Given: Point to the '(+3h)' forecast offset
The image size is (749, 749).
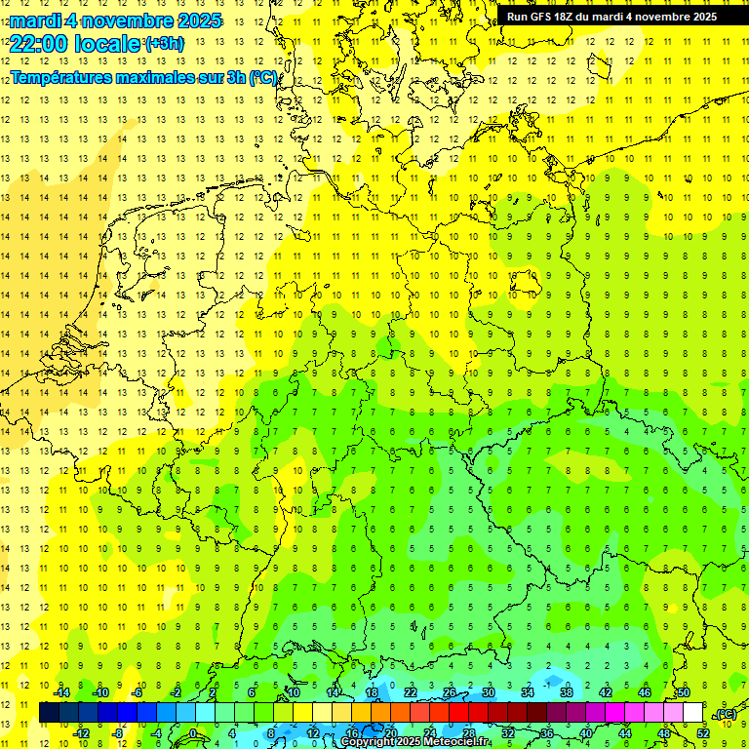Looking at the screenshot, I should (163, 44).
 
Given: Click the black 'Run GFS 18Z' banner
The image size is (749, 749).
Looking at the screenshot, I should (611, 16).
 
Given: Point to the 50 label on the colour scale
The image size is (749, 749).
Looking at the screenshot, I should (684, 692).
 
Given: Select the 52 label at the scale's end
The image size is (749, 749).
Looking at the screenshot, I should (703, 733).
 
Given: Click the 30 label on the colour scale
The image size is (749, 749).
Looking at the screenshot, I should (489, 692).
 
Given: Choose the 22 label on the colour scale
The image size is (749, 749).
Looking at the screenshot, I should (411, 692).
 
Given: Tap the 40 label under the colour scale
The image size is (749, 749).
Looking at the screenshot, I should (586, 733).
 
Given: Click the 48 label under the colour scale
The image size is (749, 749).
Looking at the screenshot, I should (664, 733).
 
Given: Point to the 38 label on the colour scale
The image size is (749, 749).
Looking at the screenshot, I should (567, 692).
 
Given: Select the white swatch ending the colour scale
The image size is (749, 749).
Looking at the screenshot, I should (693, 713).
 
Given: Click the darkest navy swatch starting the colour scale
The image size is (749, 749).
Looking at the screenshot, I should (49, 713).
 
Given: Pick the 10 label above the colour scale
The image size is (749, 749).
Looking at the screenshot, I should (294, 692).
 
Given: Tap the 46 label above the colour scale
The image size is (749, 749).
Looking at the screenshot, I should (645, 692).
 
